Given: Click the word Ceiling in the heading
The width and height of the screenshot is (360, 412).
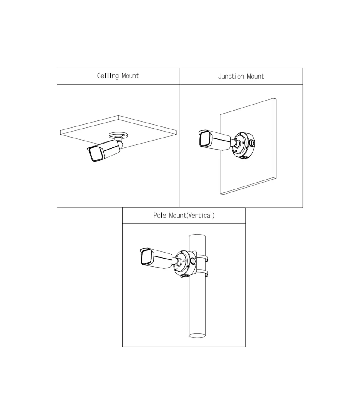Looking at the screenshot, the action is coord(108,76).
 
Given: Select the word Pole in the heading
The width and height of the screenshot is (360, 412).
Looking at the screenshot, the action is coord(160,215).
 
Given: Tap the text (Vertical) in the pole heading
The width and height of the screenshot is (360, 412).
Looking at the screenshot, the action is coord(200,216).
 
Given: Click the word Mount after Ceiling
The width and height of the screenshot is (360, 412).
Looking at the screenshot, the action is coord(130,76).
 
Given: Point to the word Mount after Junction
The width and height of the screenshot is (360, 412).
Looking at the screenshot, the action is coord(256,76).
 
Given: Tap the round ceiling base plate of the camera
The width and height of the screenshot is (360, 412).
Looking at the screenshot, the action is coord(119,135).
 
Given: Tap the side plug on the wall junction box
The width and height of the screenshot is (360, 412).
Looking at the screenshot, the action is coord(252,143).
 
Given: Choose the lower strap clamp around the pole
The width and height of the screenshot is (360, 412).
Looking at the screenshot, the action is coord(202,274).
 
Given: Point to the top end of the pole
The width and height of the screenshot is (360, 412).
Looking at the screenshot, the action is coord(197,236).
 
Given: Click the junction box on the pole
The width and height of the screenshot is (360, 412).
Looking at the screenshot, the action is coord(185,264).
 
